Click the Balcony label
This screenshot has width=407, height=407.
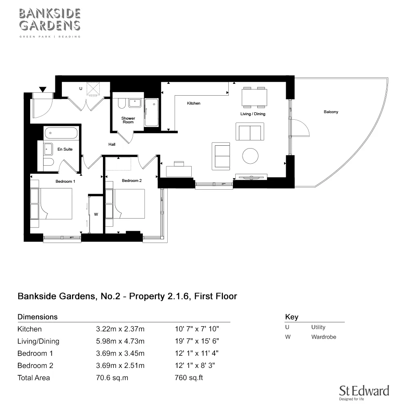coord(331,112)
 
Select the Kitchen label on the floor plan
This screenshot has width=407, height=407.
coord(193,103)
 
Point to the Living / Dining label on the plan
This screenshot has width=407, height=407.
coord(253,114)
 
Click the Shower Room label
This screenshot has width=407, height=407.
coord(128,120)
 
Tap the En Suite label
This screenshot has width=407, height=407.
coord(65,149)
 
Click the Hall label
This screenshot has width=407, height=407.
coord(112,144)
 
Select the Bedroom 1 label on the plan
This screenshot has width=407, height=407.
coord(65,181)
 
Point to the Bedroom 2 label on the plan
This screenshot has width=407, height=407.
coord(131,181)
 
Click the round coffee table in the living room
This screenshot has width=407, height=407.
coord(250,155)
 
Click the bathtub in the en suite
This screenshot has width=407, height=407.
coord(61,133)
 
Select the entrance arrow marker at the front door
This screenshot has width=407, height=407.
coord(42,89)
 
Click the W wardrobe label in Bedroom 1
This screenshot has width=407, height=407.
coord(96,214)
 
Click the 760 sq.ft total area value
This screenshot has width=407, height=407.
coord(188,378)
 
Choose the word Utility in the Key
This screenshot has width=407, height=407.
coord(318,327)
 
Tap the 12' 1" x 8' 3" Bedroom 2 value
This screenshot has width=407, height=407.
coord(195,365)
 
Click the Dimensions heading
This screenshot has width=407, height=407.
coord(37,317)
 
